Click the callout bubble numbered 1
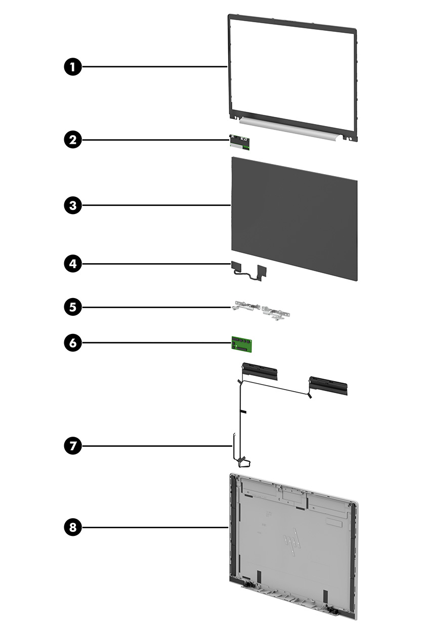(x=73, y=67)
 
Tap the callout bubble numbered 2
(x=73, y=140)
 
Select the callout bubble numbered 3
(x=73, y=205)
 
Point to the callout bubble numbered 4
(x=73, y=264)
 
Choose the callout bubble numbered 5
(x=73, y=307)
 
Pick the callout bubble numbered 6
(x=73, y=343)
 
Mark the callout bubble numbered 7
(x=73, y=446)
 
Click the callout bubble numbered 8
(x=73, y=528)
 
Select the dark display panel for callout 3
(x=294, y=218)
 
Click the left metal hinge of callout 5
(x=246, y=307)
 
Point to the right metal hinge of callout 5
(x=276, y=314)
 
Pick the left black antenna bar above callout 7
(x=260, y=372)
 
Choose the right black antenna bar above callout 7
(x=328, y=386)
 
